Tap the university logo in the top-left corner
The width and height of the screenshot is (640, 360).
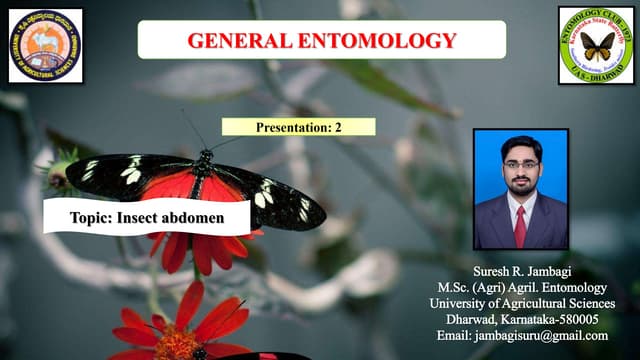point(45,45)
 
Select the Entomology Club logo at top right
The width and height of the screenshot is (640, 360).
point(596,45)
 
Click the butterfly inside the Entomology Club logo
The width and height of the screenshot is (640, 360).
point(597,47)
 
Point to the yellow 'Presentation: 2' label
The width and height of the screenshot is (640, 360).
point(299,127)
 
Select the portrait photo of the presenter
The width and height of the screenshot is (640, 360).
point(520,189)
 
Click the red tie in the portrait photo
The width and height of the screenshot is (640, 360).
point(520,225)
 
